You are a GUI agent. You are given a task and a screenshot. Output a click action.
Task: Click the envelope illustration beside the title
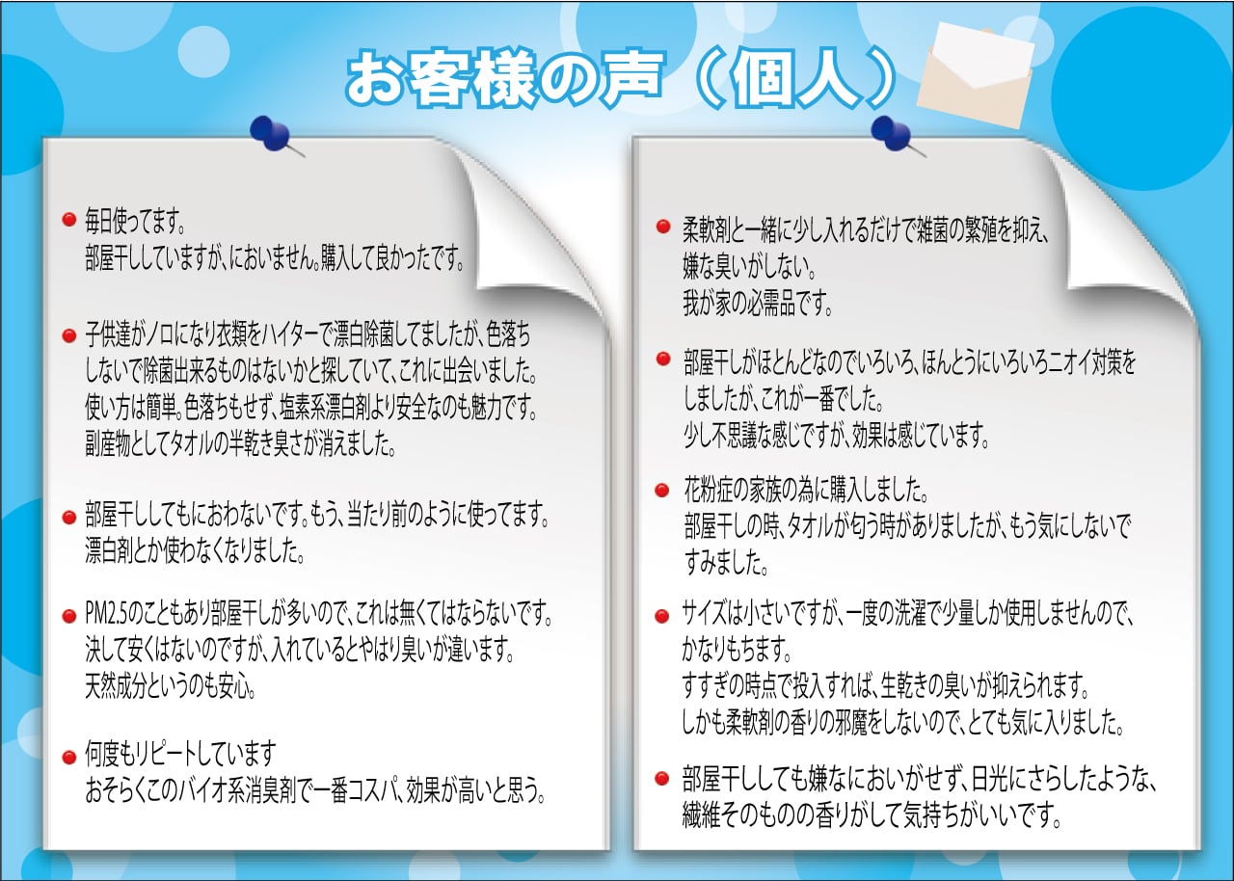975,74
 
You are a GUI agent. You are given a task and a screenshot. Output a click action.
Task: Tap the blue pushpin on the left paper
274,136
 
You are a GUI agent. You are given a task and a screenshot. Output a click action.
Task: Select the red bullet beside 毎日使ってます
68,220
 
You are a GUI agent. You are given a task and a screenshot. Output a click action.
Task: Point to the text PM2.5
106,615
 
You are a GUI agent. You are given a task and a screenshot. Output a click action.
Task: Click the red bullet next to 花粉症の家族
662,490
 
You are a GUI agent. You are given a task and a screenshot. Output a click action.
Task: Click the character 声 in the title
630,79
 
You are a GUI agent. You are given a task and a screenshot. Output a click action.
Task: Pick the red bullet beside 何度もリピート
68,759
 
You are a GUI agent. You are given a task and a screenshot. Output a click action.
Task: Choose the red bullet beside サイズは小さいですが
662,616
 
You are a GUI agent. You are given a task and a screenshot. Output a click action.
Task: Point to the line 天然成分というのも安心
171,686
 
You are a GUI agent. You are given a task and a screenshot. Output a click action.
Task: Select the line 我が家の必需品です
758,304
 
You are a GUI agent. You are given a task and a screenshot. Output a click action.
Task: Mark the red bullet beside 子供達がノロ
68,335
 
